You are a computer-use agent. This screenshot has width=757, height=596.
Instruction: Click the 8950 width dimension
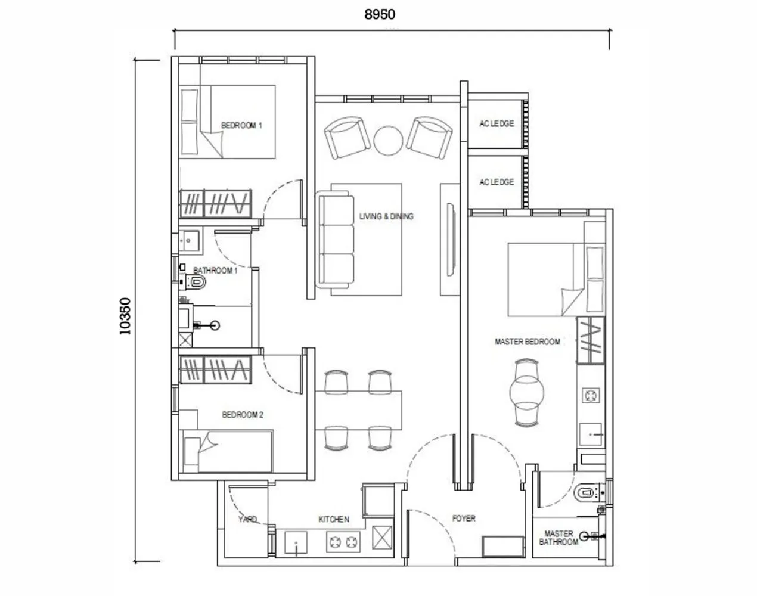(x=380, y=14)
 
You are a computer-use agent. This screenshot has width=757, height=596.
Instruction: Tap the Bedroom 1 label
(x=241, y=125)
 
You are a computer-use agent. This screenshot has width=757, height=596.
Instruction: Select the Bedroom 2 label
(x=243, y=415)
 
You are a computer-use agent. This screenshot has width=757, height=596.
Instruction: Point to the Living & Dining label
(x=386, y=216)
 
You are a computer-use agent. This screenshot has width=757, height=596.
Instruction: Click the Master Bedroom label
(x=527, y=342)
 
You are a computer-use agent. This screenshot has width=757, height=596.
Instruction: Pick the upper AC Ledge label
(x=497, y=123)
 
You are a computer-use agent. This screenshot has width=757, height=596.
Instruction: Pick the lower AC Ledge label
(x=497, y=182)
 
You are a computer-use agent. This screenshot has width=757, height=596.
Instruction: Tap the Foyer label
(x=464, y=519)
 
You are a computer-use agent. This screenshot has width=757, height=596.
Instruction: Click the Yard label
(x=247, y=519)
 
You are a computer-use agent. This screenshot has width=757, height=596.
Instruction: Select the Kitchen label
(x=334, y=520)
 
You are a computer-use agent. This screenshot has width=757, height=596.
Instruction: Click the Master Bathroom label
(x=559, y=538)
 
